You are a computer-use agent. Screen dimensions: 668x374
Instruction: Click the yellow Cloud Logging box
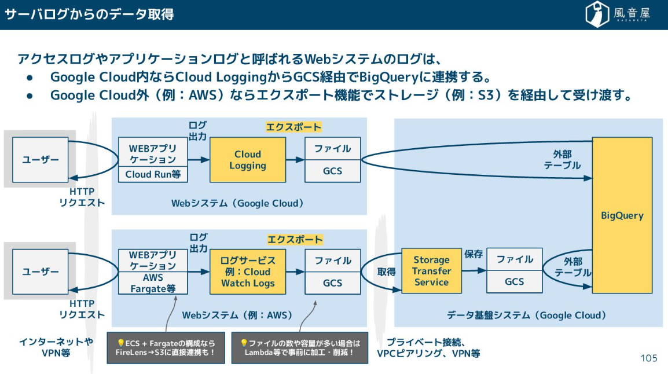point(248,160)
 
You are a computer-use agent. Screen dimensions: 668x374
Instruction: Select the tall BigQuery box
point(622,215)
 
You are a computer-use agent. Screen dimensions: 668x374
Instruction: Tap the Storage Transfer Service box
point(432,271)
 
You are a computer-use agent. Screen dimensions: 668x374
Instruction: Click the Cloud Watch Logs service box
point(248,272)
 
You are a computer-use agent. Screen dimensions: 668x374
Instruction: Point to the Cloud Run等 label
point(153,174)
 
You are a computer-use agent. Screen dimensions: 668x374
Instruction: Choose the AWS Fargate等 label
point(153,283)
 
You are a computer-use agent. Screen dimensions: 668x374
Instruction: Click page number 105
point(649,358)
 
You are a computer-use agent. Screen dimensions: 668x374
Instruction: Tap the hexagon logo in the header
point(596,14)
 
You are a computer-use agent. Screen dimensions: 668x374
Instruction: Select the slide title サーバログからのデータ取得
point(90,14)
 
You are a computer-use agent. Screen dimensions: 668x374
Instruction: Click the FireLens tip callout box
point(166,347)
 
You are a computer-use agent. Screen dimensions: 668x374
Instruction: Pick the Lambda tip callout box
point(300,347)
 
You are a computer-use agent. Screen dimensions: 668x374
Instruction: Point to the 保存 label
point(474,254)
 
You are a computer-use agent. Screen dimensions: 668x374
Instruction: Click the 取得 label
point(386,272)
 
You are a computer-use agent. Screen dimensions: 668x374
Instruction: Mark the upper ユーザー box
point(41,160)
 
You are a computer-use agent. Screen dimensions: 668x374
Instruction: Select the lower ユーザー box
point(41,272)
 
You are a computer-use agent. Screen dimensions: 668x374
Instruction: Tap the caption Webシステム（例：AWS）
point(237,315)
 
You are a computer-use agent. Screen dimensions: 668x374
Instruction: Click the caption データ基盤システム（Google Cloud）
point(526,315)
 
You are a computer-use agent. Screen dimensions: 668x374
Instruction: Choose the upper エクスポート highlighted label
point(293,127)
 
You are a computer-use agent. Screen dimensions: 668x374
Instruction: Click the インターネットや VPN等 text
point(56,347)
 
